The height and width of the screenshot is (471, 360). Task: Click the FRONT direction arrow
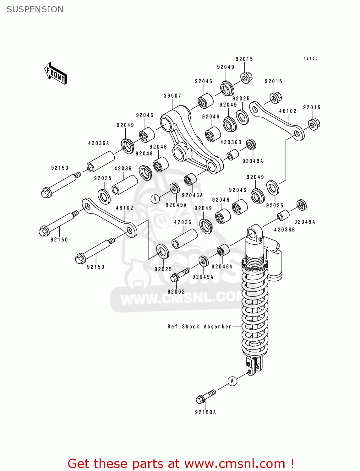click(56, 73)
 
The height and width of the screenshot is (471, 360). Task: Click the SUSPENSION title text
click(35, 9)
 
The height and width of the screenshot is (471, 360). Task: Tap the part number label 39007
click(172, 96)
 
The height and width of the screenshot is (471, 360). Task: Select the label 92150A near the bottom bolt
click(205, 412)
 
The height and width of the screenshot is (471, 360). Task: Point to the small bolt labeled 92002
click(180, 274)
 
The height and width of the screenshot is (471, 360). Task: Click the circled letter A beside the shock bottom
click(232, 381)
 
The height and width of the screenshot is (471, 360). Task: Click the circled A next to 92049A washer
click(155, 199)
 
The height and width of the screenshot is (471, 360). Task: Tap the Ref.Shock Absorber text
click(199, 327)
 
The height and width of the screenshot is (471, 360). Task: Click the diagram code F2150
click(310, 58)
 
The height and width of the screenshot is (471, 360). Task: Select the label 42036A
click(99, 143)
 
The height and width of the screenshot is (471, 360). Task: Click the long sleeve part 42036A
click(101, 161)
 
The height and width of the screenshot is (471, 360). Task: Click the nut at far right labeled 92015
click(314, 124)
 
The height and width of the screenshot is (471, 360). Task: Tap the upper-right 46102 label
click(288, 111)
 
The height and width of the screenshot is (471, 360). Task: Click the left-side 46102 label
click(125, 208)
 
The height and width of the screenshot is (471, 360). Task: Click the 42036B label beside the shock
click(285, 230)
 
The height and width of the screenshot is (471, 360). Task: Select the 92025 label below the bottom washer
click(163, 269)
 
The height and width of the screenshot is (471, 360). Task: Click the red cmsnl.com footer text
click(181, 463)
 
